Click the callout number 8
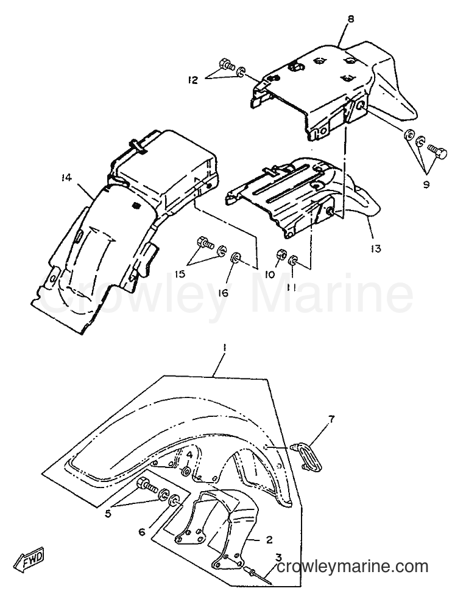(x=350, y=19)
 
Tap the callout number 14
(x=66, y=178)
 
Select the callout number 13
(x=375, y=249)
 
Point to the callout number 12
(x=192, y=80)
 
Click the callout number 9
(x=426, y=185)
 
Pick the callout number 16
(x=224, y=293)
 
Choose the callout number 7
(x=331, y=419)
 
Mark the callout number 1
(x=225, y=347)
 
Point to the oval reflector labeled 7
(x=307, y=456)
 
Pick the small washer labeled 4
(x=186, y=472)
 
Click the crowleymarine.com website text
(x=353, y=567)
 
